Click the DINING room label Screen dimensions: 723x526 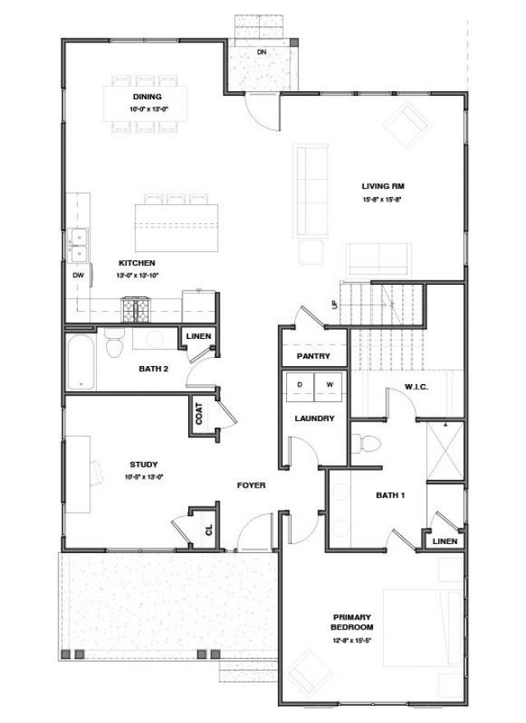click(x=148, y=97)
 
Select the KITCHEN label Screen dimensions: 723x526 click(x=136, y=263)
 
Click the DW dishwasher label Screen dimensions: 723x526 click(x=78, y=276)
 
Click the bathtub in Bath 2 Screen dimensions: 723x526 click(x=81, y=361)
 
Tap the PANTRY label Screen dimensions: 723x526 click(x=313, y=356)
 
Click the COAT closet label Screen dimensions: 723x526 click(x=200, y=414)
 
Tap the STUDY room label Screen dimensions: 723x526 click(x=143, y=464)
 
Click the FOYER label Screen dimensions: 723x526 click(x=251, y=486)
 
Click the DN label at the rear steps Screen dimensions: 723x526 click(x=261, y=52)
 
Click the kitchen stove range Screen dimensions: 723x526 click(x=135, y=309)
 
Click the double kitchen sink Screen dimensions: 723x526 click(x=79, y=239)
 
